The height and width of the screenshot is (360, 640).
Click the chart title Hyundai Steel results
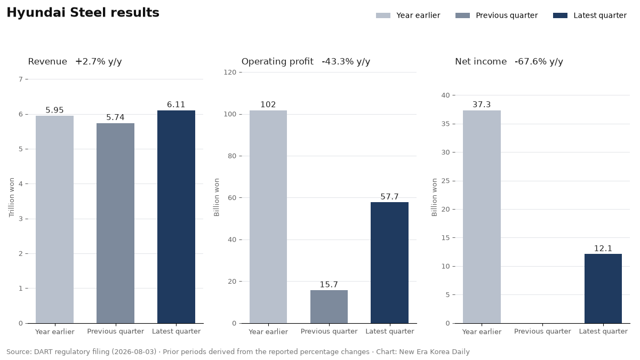pos(83,13)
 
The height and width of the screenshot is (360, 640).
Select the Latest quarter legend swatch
pos(560,15)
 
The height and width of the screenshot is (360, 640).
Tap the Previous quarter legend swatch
pos(462,15)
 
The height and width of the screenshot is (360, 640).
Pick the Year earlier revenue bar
pos(54,219)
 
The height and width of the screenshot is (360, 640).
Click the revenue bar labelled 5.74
pos(115,223)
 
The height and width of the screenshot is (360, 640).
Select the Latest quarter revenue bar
pos(177,217)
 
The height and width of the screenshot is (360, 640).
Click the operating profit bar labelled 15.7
pos(329,307)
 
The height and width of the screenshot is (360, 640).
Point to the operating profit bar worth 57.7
pos(389,262)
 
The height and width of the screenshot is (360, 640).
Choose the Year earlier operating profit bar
pos(268,217)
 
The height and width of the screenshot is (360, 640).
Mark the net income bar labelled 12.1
pos(603,289)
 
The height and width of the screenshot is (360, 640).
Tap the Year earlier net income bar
pos(482,217)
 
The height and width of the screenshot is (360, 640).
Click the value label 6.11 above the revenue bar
pos(176,105)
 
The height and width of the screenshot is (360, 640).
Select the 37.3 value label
pos(482,105)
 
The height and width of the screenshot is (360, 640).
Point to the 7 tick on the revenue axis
pos(21,79)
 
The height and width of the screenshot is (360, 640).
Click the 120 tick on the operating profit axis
pos(230,73)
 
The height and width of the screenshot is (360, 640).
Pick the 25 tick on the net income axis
pos(445,181)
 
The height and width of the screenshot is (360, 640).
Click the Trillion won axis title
pos(11,197)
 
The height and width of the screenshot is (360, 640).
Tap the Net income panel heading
pos(481,61)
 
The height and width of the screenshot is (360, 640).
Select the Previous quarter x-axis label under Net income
pos(542,331)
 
